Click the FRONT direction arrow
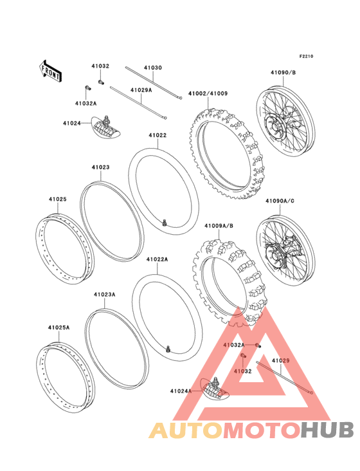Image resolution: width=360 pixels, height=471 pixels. [50, 71]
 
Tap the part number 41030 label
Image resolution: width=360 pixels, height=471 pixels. [153, 68]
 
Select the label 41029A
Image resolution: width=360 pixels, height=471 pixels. [141, 90]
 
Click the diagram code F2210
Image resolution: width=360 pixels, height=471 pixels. [306, 56]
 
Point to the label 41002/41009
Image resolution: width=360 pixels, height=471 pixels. [208, 93]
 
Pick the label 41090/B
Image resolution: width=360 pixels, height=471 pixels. [283, 73]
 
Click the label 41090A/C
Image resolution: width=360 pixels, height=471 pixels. [280, 201]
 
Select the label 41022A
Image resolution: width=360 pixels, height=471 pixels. [157, 259]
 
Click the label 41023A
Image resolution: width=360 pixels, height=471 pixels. [104, 295]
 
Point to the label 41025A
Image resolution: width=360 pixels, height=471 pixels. [59, 328]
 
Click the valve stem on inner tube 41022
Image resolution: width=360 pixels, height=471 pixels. [164, 223]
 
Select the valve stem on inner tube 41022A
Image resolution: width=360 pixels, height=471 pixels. [168, 349]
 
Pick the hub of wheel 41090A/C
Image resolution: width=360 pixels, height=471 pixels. [274, 255]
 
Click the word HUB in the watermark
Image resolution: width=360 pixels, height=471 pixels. [327, 430]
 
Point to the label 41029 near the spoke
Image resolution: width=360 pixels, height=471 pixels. [281, 360]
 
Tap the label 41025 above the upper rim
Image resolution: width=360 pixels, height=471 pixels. [58, 199]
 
